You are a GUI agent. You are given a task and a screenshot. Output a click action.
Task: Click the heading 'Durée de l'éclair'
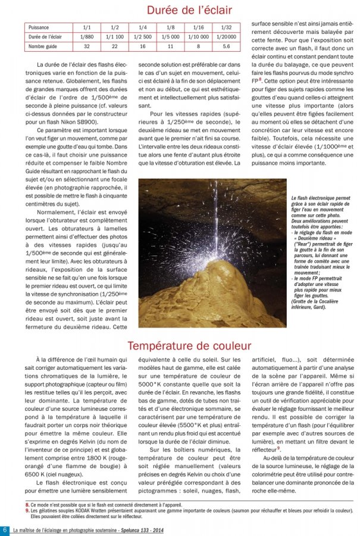189,10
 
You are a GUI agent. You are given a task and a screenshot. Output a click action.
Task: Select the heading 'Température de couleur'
189,345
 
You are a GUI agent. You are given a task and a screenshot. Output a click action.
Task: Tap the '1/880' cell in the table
87,36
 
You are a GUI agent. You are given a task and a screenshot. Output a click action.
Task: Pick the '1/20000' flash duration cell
226,36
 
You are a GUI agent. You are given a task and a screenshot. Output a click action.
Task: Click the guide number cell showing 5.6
226,45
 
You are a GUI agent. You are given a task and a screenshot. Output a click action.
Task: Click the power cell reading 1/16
198,28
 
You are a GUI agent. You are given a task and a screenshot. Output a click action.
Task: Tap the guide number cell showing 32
87,45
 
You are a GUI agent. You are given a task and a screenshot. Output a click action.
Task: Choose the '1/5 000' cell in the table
170,36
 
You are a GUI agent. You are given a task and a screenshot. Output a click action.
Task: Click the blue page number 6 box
5,530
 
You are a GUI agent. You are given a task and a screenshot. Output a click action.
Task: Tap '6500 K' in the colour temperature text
35,474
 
